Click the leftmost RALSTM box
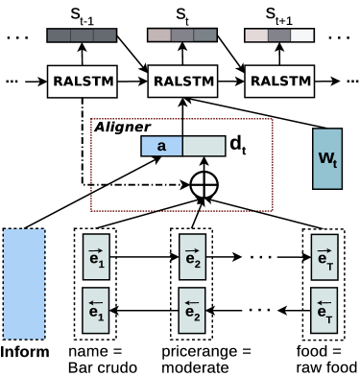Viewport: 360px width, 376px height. [x=83, y=82]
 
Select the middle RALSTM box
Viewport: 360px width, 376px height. [x=182, y=82]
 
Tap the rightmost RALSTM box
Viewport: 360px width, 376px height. [x=279, y=82]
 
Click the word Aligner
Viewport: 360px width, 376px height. [x=121, y=127]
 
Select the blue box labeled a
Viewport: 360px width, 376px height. [x=161, y=146]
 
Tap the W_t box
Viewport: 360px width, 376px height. [x=326, y=158]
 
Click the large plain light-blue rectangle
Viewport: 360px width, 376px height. [x=24, y=284]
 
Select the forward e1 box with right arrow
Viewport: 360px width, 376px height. [x=95, y=257]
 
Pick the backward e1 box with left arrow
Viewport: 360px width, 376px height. [x=95, y=311]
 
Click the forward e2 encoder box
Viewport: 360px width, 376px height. [x=191, y=257]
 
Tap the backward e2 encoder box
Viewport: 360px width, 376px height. [x=191, y=311]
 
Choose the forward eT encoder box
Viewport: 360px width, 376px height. [x=324, y=257]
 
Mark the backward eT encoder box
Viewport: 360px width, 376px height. [x=324, y=311]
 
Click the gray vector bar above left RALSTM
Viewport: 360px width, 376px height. [x=82, y=35]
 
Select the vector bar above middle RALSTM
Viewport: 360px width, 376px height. [x=182, y=35]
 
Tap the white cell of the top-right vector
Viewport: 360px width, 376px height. [x=302, y=35]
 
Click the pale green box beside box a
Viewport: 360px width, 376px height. [x=204, y=146]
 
